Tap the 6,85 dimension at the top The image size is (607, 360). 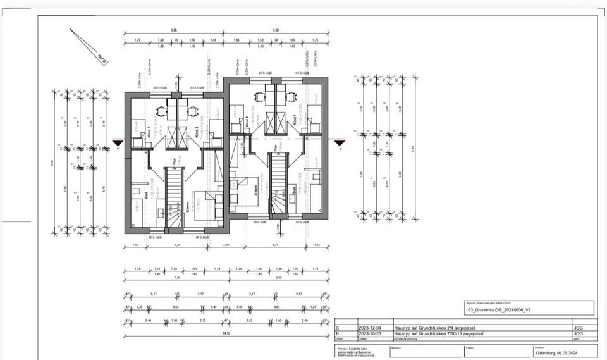pos(174,30)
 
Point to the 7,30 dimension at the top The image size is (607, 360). pos(276,30)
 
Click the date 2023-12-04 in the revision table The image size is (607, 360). pos(369,328)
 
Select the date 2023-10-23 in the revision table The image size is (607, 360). pos(369,334)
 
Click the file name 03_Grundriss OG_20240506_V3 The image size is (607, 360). pos(497,311)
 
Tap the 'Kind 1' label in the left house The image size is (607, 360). pos(149,132)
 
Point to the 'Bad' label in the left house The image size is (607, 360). pos(146,197)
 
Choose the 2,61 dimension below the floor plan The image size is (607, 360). pos(226,244)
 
